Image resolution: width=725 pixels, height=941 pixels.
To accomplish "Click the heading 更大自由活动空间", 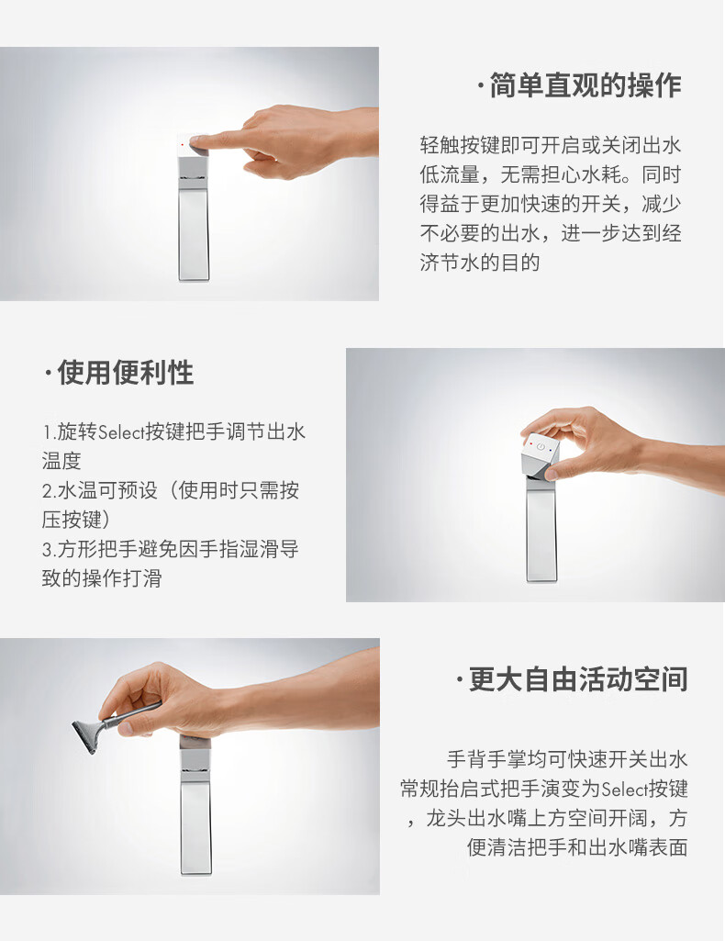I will pyautogui.click(x=577, y=679).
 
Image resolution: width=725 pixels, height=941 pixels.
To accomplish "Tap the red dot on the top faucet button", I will pyautogui.click(x=184, y=144).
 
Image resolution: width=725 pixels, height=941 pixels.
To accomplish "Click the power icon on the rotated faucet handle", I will pyautogui.click(x=541, y=447).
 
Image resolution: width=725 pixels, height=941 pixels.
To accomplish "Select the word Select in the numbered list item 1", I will pyautogui.click(x=121, y=432).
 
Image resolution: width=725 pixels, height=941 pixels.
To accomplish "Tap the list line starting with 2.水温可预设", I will pyautogui.click(x=170, y=491).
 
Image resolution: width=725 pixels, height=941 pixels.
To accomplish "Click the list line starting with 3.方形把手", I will pyautogui.click(x=170, y=550).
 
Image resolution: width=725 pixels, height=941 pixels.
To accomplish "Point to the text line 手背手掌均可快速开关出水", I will pyautogui.click(x=566, y=759).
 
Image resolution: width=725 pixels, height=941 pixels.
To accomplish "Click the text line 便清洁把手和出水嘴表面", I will pyautogui.click(x=577, y=847).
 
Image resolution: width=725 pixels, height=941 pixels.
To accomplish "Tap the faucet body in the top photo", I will pyautogui.click(x=194, y=225).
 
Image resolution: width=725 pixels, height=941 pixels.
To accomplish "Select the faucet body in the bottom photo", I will pyautogui.click(x=195, y=817).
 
